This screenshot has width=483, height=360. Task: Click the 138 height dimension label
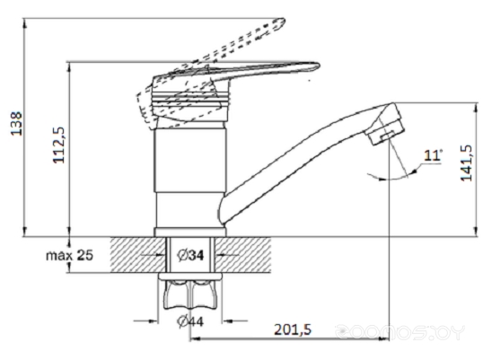[16, 124]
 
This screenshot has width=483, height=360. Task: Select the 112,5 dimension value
[59, 145]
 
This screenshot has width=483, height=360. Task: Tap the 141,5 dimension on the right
[466, 162]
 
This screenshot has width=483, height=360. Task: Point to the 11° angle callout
[433, 155]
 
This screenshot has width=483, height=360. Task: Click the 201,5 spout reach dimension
[293, 329]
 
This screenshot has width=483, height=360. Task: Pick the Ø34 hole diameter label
[190, 255]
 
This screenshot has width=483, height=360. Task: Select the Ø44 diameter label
[190, 321]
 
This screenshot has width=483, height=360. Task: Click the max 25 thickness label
[69, 255]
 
